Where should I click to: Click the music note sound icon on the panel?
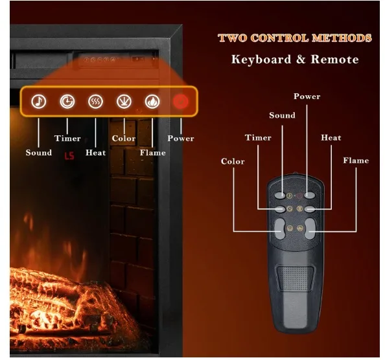[39, 101]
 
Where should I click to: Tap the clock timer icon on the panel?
[67, 101]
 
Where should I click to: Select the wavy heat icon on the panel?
[95, 101]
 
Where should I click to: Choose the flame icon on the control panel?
[152, 101]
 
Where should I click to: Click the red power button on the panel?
[180, 102]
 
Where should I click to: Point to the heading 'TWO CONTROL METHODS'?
[294, 38]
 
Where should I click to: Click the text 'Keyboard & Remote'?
[294, 60]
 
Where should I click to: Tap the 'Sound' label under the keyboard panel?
[39, 153]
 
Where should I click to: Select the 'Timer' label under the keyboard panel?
[67, 138]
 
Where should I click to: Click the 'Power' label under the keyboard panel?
[181, 138]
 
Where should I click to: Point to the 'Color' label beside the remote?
[233, 161]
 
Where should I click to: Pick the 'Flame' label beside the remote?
[356, 161]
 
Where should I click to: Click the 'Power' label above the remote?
[307, 96]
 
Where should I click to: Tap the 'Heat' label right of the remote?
[331, 137]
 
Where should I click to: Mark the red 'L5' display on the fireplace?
[69, 156]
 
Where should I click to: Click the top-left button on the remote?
[280, 194]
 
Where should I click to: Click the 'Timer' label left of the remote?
[258, 137]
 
